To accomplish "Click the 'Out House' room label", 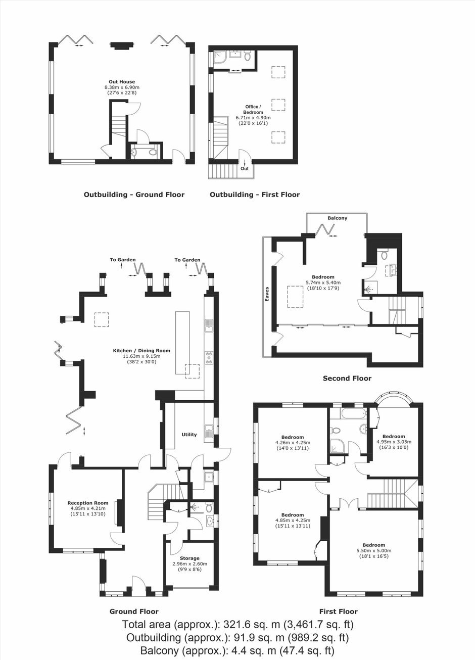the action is (122, 82).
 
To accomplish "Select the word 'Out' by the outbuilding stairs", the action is (245, 168).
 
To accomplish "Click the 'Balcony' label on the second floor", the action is (338, 218).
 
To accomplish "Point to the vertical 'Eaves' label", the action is (267, 294).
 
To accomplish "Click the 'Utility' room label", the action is (189, 435).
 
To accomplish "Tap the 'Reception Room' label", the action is (88, 503).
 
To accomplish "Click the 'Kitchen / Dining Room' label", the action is (141, 351).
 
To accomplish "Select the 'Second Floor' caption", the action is (347, 379).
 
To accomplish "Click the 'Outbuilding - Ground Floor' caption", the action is (134, 195).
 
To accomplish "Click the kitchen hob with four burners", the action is (209, 357).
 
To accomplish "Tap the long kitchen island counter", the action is (183, 343).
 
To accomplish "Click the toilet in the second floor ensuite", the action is (384, 255).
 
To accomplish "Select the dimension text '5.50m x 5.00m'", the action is (374, 551).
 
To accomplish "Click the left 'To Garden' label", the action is (123, 260).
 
